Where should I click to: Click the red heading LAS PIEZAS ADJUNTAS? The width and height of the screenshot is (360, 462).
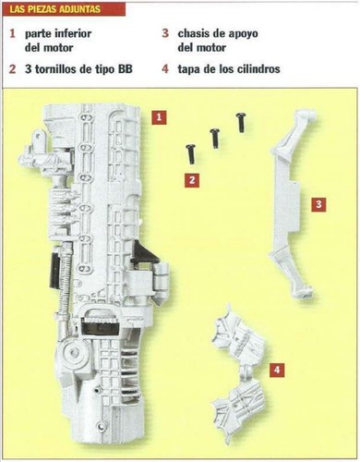55,9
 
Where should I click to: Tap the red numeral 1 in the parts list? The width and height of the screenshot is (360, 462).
12,33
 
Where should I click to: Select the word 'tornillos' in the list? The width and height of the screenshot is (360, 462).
55,69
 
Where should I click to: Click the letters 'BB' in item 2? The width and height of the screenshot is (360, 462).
124,69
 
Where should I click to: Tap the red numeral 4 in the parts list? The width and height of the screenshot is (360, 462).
165,69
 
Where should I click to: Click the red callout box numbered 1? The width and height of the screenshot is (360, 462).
159,117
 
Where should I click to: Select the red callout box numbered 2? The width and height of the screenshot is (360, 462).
192,180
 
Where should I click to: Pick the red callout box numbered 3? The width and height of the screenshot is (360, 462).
318,204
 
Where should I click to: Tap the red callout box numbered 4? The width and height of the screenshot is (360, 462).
277,370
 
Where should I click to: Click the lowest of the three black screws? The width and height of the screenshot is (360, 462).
190,154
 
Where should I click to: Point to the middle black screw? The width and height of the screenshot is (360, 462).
215,139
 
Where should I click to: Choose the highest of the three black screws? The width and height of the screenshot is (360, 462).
241,123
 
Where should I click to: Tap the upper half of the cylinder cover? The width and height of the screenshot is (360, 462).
238,334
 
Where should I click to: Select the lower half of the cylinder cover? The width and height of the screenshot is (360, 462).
238,407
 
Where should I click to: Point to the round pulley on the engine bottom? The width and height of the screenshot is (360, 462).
73,352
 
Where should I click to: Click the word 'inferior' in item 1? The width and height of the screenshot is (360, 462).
73,33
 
